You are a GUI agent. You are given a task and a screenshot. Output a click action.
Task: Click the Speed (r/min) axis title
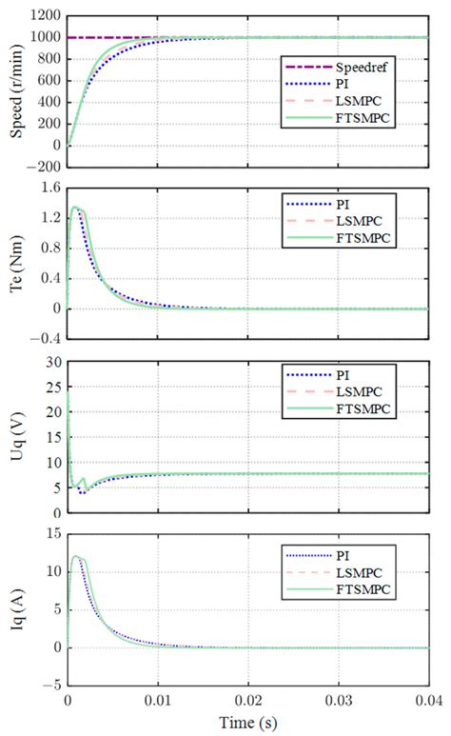[x=16, y=86]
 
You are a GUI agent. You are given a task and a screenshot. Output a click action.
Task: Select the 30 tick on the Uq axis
[x=51, y=363]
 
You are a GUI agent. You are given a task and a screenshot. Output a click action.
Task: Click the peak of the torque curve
[x=75, y=207]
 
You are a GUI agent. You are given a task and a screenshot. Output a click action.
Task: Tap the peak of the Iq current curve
[x=75, y=556]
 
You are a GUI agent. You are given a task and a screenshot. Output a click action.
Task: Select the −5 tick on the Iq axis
[x=51, y=685]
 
